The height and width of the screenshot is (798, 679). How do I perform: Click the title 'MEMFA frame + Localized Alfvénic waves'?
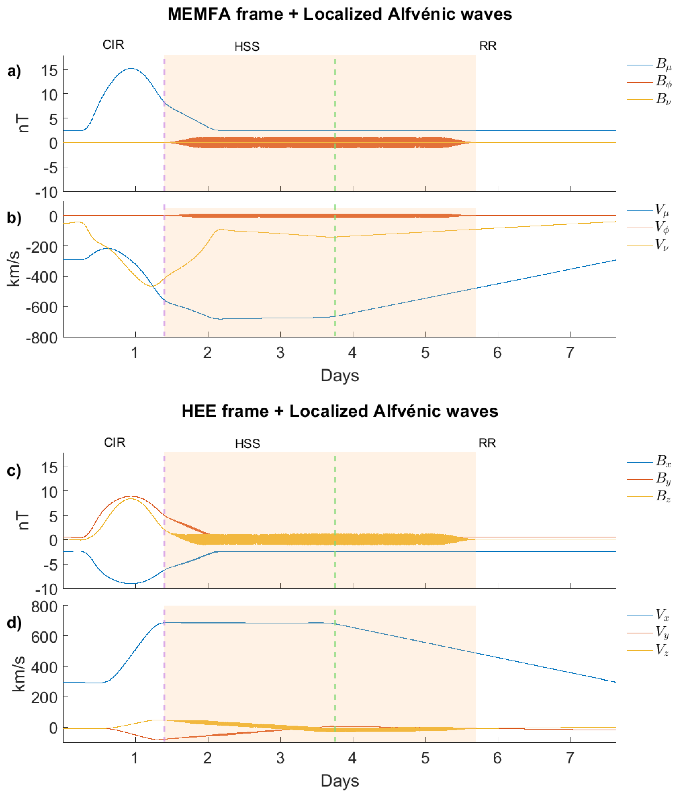(x=339, y=14)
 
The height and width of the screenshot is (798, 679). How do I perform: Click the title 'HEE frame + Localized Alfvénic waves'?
(x=339, y=411)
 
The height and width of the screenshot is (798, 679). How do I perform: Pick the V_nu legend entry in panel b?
(x=661, y=244)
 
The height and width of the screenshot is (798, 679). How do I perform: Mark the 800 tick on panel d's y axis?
(x=44, y=607)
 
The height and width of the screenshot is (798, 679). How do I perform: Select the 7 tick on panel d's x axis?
(x=570, y=758)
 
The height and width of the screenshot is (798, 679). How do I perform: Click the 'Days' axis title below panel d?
(x=339, y=780)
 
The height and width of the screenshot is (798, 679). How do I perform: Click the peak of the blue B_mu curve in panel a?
(x=131, y=69)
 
